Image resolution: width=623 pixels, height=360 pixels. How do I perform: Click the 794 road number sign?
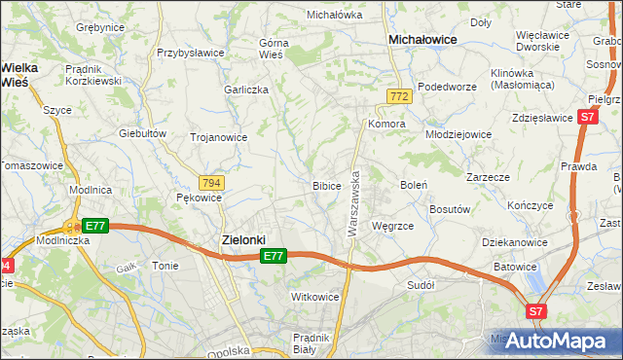coord(211,182)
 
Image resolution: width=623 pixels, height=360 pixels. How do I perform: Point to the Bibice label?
coord(326,185)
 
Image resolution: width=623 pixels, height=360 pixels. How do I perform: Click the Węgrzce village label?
coord(393,225)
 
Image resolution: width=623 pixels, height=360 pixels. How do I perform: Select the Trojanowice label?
coord(218,137)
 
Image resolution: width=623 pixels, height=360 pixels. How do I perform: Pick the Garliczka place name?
coord(245,89)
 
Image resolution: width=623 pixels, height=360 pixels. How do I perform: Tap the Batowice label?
coord(515,267)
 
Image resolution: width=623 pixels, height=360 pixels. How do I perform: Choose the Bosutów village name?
coord(451,208)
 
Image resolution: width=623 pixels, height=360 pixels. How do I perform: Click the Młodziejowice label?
coord(461,133)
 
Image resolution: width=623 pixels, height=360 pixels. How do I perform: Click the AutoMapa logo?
coord(562,341)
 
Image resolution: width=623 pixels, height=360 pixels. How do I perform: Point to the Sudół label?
coord(421,285)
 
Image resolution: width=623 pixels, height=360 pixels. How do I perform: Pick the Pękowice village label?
coord(200,198)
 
